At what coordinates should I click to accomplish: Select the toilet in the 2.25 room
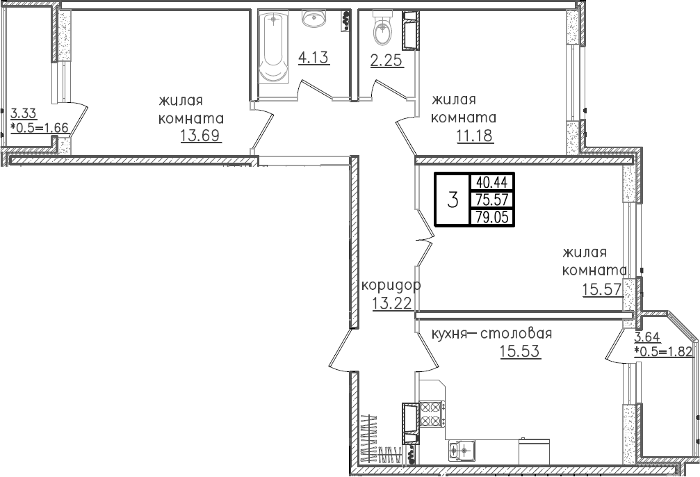[x=381, y=28]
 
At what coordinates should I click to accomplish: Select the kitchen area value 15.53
[x=520, y=351]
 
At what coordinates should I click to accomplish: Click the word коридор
[x=391, y=285]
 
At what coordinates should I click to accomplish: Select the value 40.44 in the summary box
[x=492, y=182]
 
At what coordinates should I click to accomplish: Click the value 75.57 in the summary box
[x=492, y=200]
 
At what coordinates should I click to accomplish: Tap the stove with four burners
[x=431, y=414]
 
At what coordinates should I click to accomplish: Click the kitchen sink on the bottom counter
[x=462, y=450]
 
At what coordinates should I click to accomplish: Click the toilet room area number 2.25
[x=386, y=61]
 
